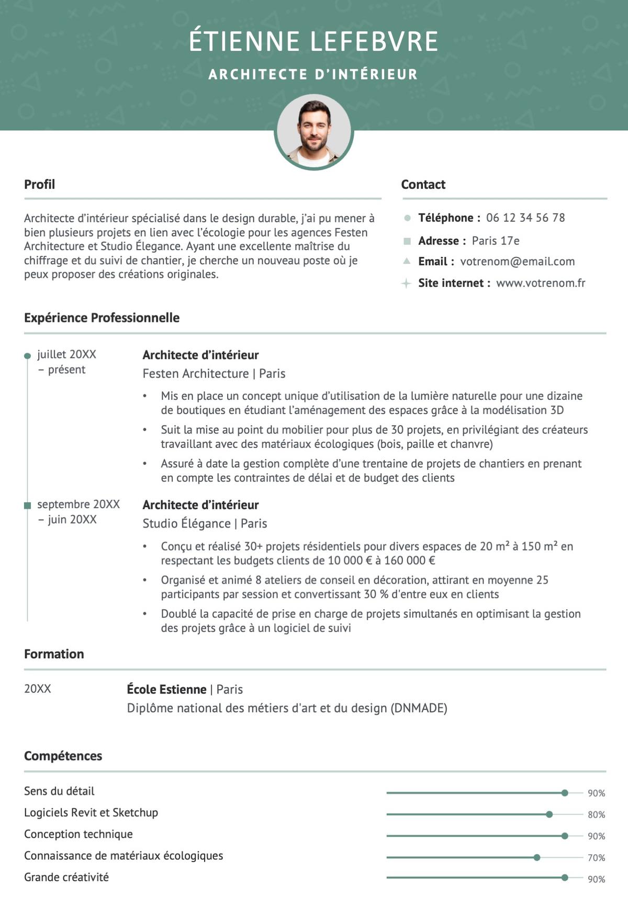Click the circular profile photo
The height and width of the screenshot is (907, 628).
coord(313,132)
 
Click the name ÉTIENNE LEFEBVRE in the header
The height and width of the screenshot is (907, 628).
coord(313,41)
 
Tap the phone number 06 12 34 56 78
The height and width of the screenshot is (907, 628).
coord(525,218)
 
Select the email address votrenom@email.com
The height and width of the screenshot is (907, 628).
coord(517,262)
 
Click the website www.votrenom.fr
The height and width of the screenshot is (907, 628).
coord(540,283)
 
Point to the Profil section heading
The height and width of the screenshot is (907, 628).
coord(39,184)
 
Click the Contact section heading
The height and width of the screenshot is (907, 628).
coord(423,184)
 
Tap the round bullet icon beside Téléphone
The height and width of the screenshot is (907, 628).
coord(407,218)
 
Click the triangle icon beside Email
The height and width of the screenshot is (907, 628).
coord(407,261)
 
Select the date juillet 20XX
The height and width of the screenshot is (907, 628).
coord(66,354)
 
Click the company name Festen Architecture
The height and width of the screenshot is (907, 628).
coord(195,374)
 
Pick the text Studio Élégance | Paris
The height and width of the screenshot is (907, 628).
coord(205,523)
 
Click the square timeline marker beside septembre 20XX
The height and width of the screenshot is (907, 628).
coord(28,505)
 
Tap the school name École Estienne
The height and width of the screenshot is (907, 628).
coord(166,689)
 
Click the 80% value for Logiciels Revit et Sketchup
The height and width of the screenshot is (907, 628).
coord(596,815)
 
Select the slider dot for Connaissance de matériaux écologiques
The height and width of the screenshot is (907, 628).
coord(536,857)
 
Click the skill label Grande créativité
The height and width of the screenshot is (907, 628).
coord(66,877)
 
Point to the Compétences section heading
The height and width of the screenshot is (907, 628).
coord(63,756)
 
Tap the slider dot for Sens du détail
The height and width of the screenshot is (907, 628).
coord(564,793)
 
